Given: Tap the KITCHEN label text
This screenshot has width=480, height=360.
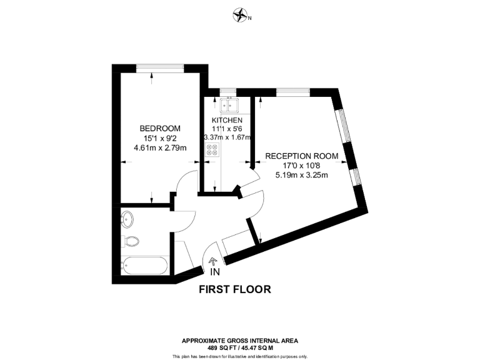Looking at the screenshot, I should [x=226, y=121].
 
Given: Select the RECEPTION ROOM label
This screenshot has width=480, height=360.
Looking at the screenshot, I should [x=302, y=156].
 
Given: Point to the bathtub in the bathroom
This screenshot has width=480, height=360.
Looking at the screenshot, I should [x=145, y=266].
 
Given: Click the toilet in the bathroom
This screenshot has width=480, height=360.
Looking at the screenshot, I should [x=131, y=241].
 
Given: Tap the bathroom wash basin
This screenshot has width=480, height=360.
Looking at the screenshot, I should [x=127, y=219].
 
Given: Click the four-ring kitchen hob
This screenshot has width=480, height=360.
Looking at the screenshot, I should [x=212, y=151].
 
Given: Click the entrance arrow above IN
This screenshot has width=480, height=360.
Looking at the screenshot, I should [x=212, y=262].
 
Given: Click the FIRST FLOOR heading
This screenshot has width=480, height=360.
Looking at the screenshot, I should [x=234, y=289].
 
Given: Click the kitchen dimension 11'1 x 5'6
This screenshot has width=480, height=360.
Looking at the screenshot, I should [x=226, y=129].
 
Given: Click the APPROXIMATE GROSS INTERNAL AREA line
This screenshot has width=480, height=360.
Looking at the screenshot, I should [x=239, y=341].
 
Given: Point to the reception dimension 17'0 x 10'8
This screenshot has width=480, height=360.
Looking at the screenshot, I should [x=301, y=165].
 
